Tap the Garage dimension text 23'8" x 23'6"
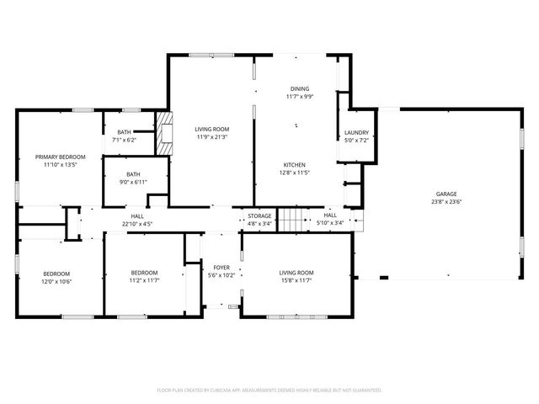(446, 202)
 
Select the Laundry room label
(356, 133)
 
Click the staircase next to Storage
(291, 220)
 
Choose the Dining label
(300, 88)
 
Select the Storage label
(259, 216)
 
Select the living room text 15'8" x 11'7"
(296, 280)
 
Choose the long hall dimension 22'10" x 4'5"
(137, 224)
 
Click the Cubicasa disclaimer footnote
(269, 391)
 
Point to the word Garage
(446, 194)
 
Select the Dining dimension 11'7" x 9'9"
(300, 96)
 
